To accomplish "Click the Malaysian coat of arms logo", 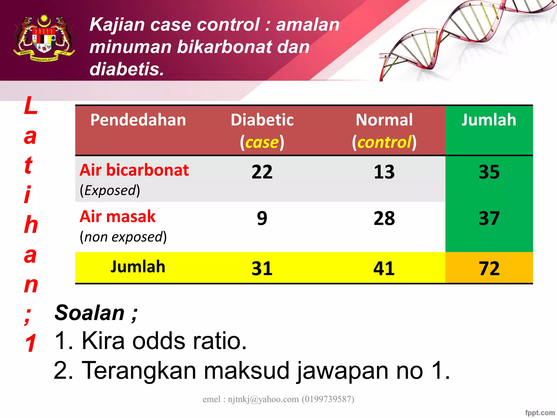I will [x=44, y=38].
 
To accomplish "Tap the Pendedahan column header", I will [x=138, y=120].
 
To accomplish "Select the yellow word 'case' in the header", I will [x=262, y=142].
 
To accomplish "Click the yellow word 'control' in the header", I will [x=384, y=142].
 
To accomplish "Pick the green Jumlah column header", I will [x=489, y=120].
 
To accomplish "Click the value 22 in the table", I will [x=262, y=172].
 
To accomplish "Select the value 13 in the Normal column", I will [x=384, y=172].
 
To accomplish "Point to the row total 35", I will [x=489, y=172].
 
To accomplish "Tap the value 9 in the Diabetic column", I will [x=262, y=219].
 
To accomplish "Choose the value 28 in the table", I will [x=384, y=219].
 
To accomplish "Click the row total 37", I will [x=489, y=219].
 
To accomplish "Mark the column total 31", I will [x=262, y=269].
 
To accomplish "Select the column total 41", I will [x=384, y=269].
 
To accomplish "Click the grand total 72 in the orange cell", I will [x=489, y=269].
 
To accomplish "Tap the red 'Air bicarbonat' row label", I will [x=134, y=170].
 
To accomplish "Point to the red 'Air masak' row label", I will [x=117, y=217].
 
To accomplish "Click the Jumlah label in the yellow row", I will [x=138, y=267].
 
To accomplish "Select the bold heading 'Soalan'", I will [x=90, y=313].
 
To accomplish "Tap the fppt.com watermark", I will [x=540, y=413].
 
